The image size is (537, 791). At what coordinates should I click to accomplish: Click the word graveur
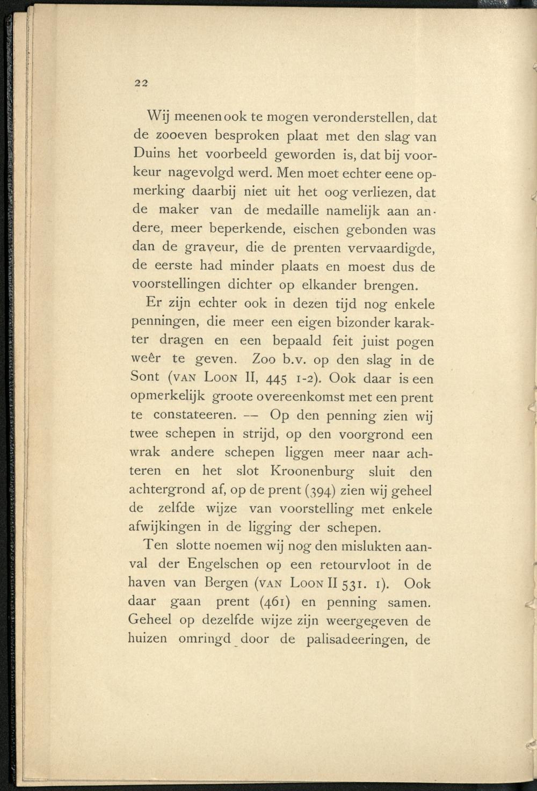click(213, 249)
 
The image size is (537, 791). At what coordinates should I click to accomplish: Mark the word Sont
click(145, 376)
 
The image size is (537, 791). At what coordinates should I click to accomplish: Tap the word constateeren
click(194, 415)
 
